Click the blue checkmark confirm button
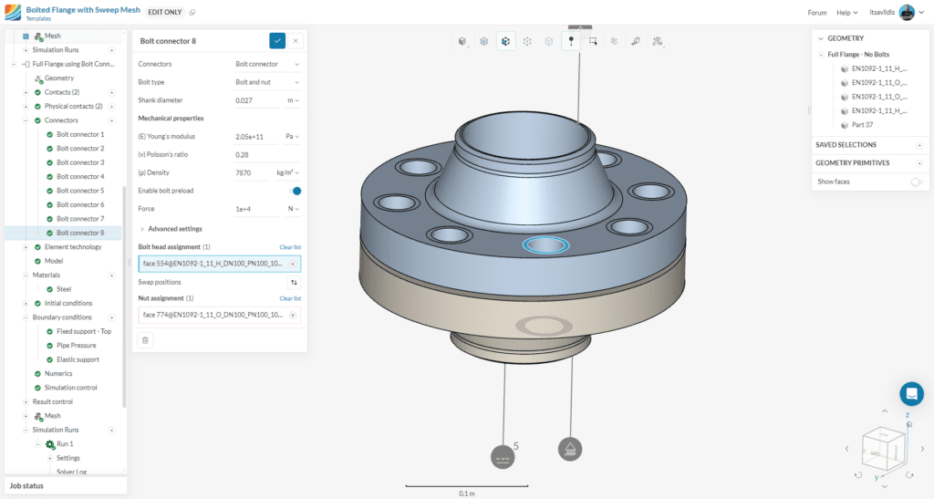(277, 41)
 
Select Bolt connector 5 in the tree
(80, 191)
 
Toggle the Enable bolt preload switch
(295, 191)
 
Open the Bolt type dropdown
(267, 82)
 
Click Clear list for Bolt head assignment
(290, 247)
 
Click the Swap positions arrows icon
(293, 283)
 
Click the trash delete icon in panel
(146, 340)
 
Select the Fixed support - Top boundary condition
(84, 331)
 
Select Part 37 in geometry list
(862, 124)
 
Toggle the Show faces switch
(916, 182)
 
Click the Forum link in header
(817, 13)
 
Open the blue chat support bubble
(911, 394)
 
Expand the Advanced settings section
(174, 229)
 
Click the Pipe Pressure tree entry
(77, 346)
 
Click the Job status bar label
(26, 486)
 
